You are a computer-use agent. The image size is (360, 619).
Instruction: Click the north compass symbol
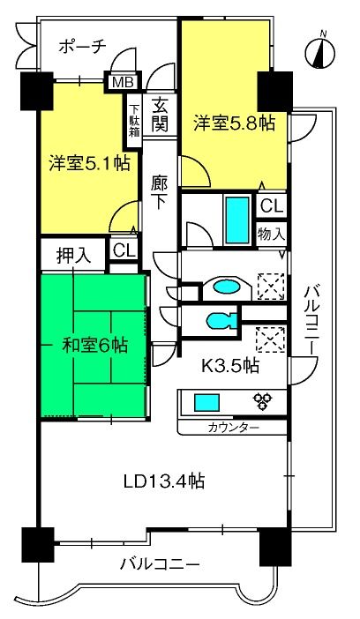click(x=320, y=52)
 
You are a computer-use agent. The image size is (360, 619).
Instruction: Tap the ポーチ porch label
click(x=83, y=47)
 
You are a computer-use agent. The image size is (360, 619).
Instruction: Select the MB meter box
click(x=124, y=82)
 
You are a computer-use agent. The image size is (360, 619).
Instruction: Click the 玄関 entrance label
click(x=160, y=115)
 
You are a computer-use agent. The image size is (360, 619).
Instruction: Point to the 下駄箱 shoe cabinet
click(x=135, y=121)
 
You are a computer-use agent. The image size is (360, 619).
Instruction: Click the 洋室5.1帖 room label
click(x=90, y=163)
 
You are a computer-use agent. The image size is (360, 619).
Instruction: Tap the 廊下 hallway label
click(x=159, y=192)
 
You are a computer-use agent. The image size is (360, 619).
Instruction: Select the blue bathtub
click(x=237, y=219)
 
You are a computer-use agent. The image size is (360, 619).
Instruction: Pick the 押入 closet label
click(x=74, y=257)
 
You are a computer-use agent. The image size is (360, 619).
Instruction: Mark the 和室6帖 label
click(x=95, y=347)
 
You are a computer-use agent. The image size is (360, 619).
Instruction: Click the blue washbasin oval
click(x=227, y=287)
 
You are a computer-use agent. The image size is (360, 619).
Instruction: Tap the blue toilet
click(x=220, y=320)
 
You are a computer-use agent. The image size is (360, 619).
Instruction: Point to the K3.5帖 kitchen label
click(x=230, y=366)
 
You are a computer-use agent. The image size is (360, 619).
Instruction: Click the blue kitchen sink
click(x=206, y=403)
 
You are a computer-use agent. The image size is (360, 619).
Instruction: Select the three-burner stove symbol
click(x=263, y=401)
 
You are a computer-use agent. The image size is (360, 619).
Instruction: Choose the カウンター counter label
click(x=234, y=428)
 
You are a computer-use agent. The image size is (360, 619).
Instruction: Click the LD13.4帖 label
click(x=164, y=481)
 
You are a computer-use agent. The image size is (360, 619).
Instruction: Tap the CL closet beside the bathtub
click(x=273, y=205)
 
